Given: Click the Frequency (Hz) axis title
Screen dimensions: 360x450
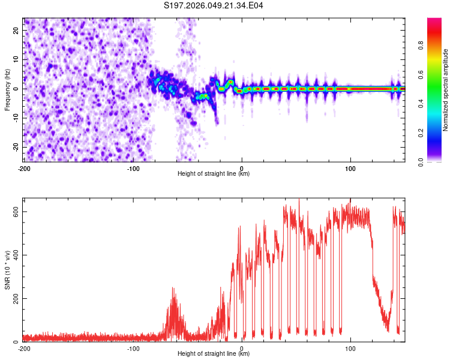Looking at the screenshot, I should pyautogui.click(x=7, y=89).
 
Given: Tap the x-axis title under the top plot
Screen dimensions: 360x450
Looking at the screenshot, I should pyautogui.click(x=214, y=173).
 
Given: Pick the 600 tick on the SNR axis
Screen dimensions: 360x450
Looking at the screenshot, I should pyautogui.click(x=14, y=212).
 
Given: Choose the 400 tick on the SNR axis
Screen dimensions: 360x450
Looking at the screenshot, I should pyautogui.click(x=14, y=255).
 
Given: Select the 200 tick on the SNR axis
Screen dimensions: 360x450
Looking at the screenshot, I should pyautogui.click(x=14, y=298).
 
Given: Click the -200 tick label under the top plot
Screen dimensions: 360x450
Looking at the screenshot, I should pyautogui.click(x=24, y=168).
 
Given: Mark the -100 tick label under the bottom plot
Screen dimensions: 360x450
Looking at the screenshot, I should pyautogui.click(x=133, y=348).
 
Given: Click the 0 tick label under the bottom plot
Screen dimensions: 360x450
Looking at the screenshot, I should pyautogui.click(x=242, y=348).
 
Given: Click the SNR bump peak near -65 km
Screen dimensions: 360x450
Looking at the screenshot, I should pyautogui.click(x=174, y=289).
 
